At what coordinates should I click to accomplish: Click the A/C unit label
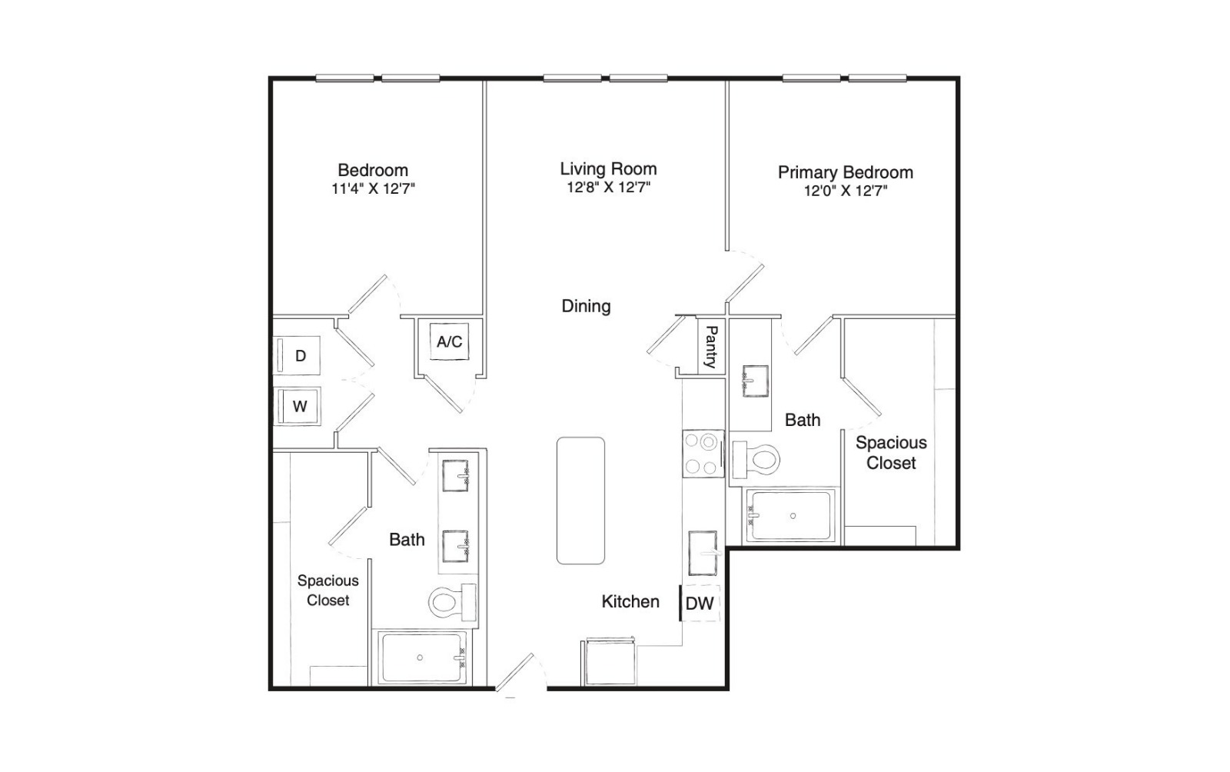[x=449, y=341]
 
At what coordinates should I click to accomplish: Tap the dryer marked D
[x=297, y=355]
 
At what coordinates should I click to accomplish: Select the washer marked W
[x=297, y=406]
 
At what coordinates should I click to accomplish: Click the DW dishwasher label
[x=700, y=604]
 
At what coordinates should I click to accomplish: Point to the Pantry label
[x=711, y=347]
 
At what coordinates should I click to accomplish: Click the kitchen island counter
[x=580, y=501]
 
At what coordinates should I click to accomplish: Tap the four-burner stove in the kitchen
[x=703, y=454]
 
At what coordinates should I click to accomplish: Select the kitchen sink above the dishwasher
[x=703, y=552]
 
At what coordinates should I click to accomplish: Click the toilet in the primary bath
[x=756, y=460]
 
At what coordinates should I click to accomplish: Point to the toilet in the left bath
[x=453, y=602]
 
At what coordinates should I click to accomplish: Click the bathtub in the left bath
[x=422, y=657]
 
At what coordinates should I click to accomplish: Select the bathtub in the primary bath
[x=791, y=516]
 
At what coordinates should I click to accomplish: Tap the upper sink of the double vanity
[x=455, y=475]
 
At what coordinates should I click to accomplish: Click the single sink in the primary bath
[x=755, y=381]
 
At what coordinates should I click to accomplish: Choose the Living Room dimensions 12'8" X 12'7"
[x=608, y=188]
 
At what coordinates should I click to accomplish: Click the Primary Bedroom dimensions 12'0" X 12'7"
[x=846, y=191]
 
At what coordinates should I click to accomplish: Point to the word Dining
[x=586, y=306]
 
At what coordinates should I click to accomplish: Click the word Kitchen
[x=630, y=602]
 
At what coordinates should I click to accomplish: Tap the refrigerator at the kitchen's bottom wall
[x=609, y=661]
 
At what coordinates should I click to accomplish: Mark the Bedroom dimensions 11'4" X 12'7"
[x=373, y=189]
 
